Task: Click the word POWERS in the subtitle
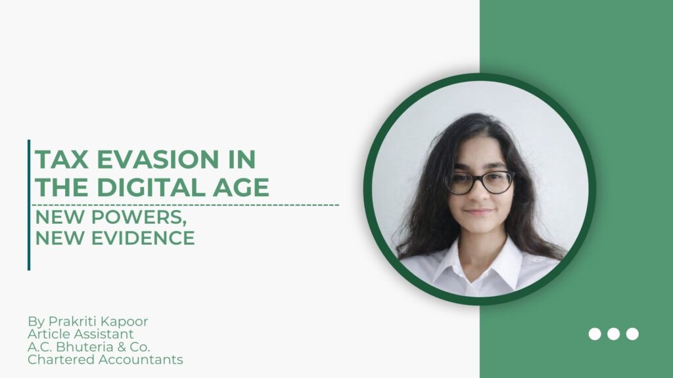tap(139, 218)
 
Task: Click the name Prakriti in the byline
tap(69, 321)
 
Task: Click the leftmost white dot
tap(594, 334)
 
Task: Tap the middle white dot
tap(613, 334)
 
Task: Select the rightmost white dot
tap(632, 334)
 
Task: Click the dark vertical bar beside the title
tap(29, 205)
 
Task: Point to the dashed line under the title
tap(185, 205)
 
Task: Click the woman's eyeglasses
tap(479, 182)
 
